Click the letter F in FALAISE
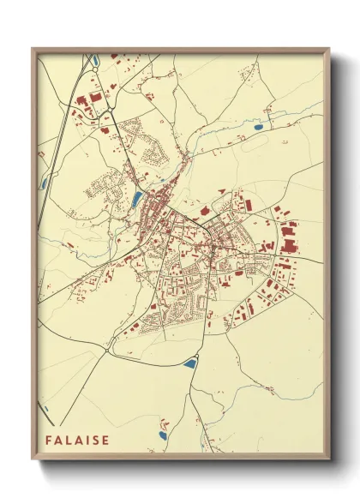pos(50,441)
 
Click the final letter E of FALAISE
pos(106,441)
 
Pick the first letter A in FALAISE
pos(60,441)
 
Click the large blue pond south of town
pos(189,363)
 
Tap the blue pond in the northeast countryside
pos(258,128)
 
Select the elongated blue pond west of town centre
pos(137,200)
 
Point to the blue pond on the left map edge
pos(43,183)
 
